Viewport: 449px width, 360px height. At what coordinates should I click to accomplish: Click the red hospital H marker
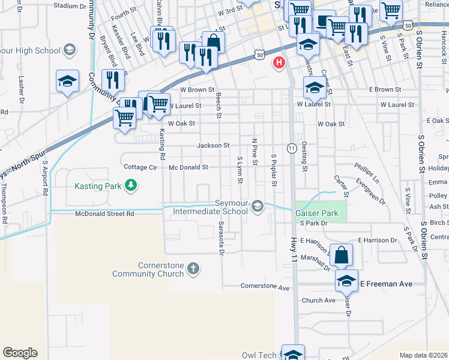279,62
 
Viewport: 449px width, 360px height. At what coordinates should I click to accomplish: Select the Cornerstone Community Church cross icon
193,268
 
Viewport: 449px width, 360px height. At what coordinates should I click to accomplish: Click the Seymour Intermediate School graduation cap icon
258,206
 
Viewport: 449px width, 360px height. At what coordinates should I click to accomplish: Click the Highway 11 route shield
292,148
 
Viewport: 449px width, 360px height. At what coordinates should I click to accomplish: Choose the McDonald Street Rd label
105,214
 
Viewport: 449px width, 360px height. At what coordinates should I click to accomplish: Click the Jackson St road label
214,145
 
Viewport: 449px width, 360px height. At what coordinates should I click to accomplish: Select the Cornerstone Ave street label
265,287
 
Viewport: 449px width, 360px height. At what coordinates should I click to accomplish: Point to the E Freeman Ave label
386,283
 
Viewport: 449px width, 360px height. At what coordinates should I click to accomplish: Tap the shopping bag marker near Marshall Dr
341,256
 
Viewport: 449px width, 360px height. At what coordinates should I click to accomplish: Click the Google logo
20,353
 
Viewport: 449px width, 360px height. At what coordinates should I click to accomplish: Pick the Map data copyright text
424,355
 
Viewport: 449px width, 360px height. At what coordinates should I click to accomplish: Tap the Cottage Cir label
139,167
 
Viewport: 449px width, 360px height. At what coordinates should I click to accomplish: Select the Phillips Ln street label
367,172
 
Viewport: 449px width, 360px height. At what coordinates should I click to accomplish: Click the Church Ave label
319,300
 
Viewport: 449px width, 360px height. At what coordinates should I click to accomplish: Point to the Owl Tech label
259,355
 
